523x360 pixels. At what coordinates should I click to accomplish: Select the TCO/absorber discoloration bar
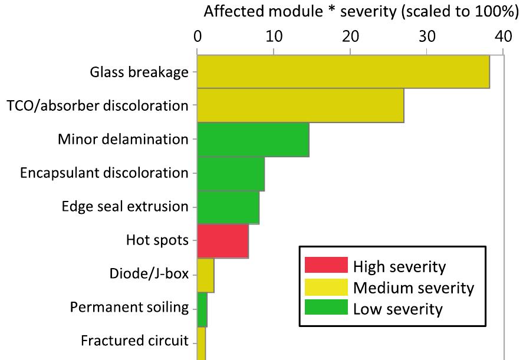pos(300,105)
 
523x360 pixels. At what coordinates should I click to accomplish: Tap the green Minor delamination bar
pos(253,140)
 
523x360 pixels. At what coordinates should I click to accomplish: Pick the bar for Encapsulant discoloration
pos(231,173)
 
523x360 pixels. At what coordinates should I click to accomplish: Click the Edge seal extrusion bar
pos(228,207)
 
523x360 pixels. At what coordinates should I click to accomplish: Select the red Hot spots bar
pos(223,241)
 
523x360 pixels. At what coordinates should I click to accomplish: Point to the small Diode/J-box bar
pos(205,275)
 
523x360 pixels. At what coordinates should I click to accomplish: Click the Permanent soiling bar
pos(202,309)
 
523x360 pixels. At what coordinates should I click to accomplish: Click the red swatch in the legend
pos(326,266)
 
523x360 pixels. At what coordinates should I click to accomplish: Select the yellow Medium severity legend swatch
pos(326,288)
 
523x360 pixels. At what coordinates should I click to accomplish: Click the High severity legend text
pos(399,266)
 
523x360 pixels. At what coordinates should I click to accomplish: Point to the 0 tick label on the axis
pos(197,37)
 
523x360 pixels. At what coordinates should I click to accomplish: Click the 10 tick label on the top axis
pos(274,37)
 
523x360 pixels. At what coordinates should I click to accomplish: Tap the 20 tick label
pos(350,37)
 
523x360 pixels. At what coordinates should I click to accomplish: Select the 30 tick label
pos(427,37)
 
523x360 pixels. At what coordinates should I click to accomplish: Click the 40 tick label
pos(503,37)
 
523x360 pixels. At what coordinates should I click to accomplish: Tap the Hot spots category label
pos(157,241)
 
